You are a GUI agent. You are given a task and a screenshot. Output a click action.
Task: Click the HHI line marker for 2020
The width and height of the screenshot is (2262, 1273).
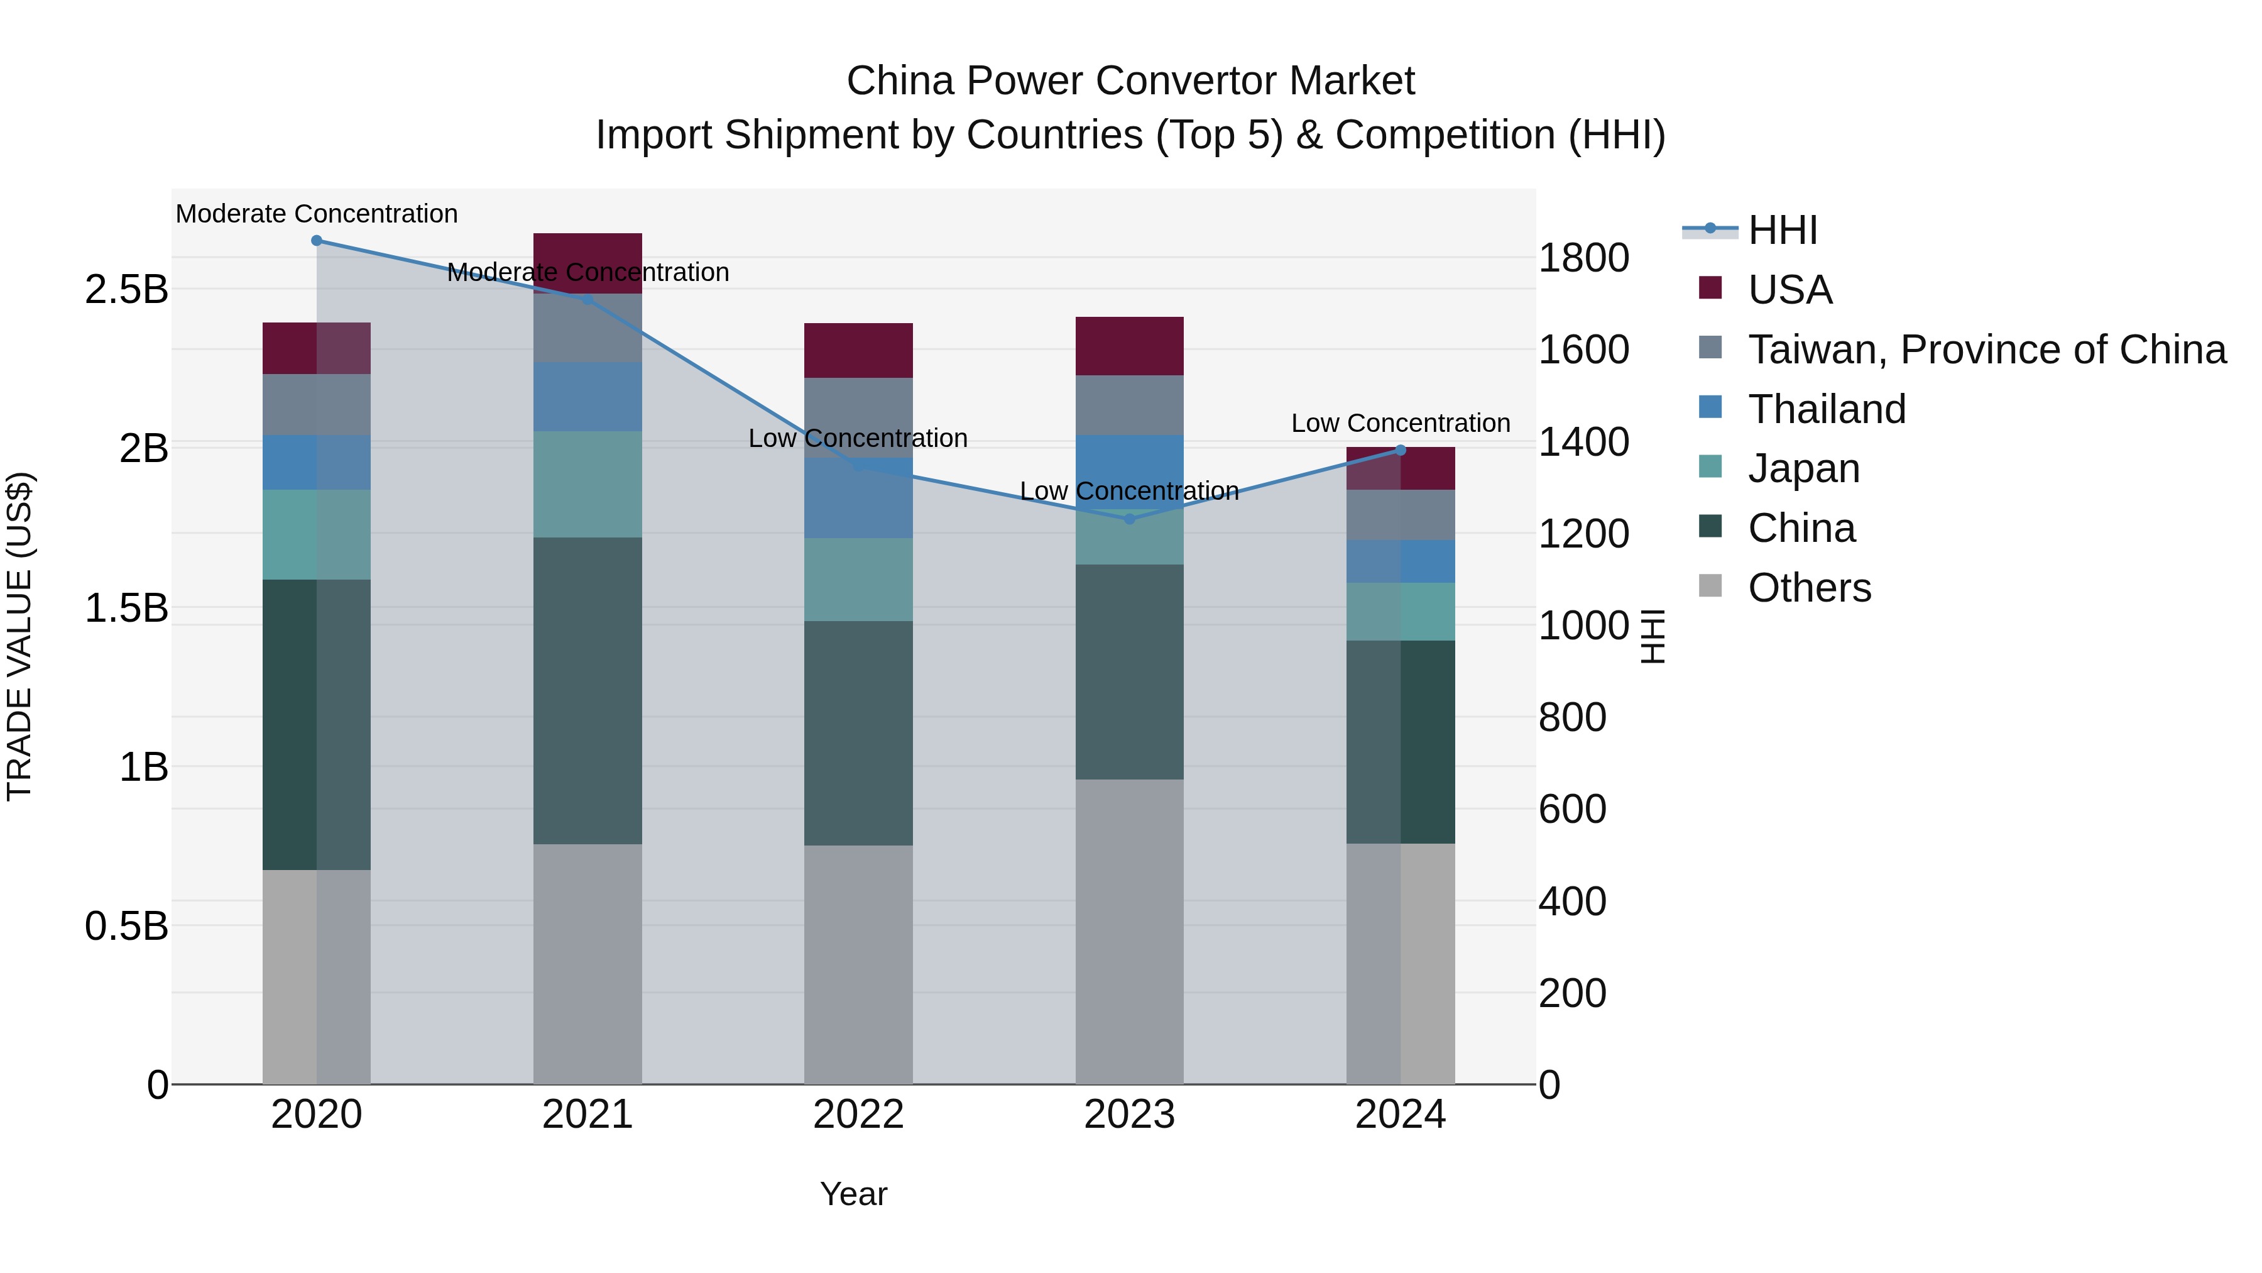click(317, 241)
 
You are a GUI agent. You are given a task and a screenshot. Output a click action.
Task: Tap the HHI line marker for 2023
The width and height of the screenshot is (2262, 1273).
click(1130, 519)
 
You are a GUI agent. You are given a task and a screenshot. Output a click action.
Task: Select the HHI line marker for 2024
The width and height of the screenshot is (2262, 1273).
click(1401, 451)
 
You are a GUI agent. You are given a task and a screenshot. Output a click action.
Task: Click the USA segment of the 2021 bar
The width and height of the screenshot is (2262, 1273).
click(587, 255)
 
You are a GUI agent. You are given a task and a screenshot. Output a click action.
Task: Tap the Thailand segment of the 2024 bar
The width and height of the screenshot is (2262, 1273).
click(1401, 561)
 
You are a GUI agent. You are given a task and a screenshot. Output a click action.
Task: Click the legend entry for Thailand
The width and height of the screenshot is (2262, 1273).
click(1827, 409)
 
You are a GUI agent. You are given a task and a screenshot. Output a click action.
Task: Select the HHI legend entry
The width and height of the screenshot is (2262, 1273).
click(1782, 230)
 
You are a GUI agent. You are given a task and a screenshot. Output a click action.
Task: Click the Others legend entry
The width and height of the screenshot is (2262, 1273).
click(1809, 588)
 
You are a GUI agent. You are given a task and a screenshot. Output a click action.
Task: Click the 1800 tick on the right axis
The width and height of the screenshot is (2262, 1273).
click(1583, 258)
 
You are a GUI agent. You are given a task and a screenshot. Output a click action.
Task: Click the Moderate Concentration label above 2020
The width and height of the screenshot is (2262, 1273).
click(317, 214)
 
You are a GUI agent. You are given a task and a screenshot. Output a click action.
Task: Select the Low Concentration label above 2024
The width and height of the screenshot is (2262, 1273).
click(1401, 424)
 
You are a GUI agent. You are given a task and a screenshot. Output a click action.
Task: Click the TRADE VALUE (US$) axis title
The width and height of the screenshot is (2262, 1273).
click(19, 636)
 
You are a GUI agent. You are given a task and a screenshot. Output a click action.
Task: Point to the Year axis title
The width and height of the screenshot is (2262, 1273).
click(853, 1194)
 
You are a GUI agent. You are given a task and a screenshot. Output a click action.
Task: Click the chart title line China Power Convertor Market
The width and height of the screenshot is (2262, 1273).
click(1130, 81)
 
